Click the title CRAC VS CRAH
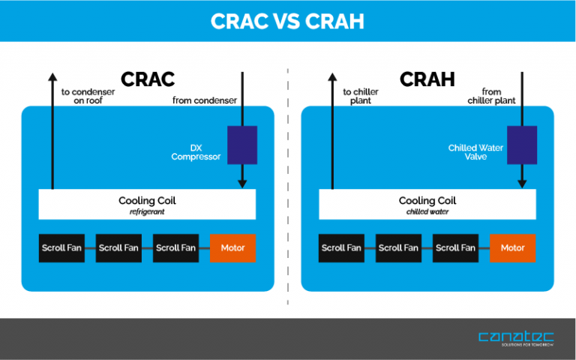click(288, 21)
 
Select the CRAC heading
click(148, 79)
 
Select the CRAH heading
click(427, 79)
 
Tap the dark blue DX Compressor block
click(242, 145)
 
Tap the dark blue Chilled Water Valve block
click(522, 145)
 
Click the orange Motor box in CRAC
click(232, 248)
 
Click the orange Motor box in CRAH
click(513, 248)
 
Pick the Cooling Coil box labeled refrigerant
click(147, 204)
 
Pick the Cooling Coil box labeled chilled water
click(427, 204)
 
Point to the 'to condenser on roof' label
click(88, 96)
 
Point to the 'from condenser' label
click(205, 100)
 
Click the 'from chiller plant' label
click(490, 96)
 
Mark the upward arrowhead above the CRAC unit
click(52, 76)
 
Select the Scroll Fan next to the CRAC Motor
click(176, 248)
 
